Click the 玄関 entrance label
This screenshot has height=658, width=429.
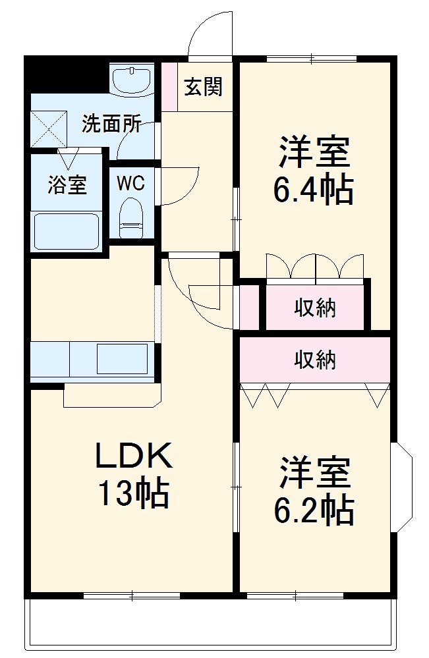[x=203, y=87]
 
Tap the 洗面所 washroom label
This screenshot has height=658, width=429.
[x=111, y=124]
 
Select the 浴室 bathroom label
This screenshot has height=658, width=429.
[x=67, y=185]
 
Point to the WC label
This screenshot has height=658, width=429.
[x=130, y=184]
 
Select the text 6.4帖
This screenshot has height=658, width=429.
[x=314, y=190]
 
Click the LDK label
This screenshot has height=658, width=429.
[x=134, y=455]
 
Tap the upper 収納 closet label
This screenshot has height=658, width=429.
[x=315, y=308]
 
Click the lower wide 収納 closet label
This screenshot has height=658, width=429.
[x=315, y=360]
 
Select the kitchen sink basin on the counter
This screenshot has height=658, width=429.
[x=125, y=359]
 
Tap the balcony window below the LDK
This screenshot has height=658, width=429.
[x=132, y=595]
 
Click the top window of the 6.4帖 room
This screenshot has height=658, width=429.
[x=312, y=59]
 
